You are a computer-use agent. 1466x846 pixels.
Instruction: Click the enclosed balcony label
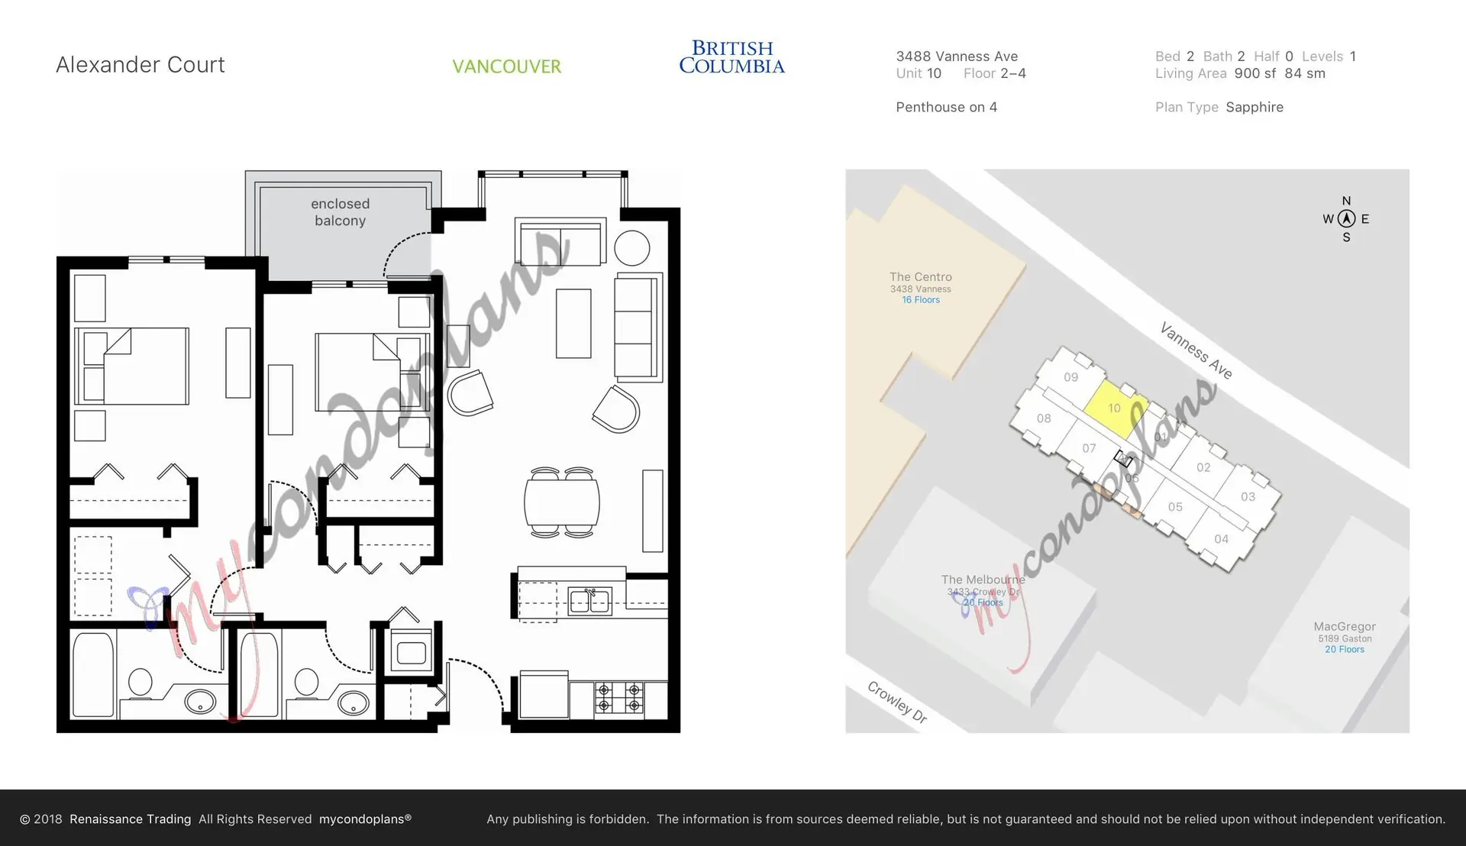coord(340,212)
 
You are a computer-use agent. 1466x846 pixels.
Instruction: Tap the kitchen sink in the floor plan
coord(589,602)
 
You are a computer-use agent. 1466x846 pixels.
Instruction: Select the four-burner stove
coord(618,697)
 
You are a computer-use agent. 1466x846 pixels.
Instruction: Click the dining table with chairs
coord(562,503)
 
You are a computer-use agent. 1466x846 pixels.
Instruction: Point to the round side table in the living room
coord(631,248)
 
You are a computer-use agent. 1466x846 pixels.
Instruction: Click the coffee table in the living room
coord(573,323)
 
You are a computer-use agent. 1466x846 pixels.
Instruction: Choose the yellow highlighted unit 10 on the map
coord(1114,408)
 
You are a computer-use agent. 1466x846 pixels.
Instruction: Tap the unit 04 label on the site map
coord(1222,539)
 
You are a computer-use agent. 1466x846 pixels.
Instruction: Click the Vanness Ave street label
coord(1196,350)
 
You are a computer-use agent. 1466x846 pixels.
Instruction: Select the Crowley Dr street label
coord(897,702)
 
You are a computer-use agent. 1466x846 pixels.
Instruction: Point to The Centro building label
coord(920,277)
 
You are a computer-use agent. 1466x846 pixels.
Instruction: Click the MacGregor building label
coord(1345,627)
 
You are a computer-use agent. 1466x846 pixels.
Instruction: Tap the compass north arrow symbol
coord(1346,219)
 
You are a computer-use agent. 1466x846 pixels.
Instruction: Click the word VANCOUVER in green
coord(506,66)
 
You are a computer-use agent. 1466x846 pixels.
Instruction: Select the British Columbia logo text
coord(731,57)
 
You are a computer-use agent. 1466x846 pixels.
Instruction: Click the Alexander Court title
coord(140,65)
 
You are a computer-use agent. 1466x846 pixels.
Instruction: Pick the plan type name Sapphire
coord(1254,108)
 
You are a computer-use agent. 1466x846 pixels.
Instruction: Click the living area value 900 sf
coord(1254,74)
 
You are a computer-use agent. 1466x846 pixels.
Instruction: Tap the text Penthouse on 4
coord(946,108)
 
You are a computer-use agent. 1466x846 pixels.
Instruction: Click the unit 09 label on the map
coord(1070,377)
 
